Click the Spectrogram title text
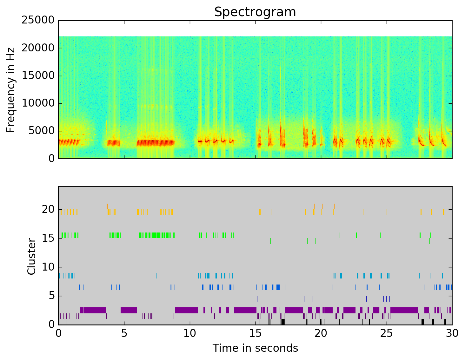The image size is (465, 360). point(255,12)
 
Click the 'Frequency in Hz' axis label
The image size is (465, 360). point(11,89)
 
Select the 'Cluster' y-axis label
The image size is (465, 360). point(31,256)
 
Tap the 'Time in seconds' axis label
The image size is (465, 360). point(255,348)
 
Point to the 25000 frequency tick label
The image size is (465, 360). point(38,20)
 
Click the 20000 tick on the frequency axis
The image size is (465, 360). point(38,48)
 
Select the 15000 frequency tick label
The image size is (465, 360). point(38,75)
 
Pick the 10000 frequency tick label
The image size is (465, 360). point(38,103)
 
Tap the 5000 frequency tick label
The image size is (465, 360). point(41,131)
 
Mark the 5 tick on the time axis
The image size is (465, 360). point(124,333)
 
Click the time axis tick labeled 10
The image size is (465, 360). point(190,333)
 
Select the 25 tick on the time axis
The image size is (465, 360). point(387,333)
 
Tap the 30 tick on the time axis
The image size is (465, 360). point(452,333)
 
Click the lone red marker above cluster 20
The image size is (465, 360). point(280,200)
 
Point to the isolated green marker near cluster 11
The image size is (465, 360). point(305,258)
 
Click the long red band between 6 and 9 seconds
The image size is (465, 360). point(156,142)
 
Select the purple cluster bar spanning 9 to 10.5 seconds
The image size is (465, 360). point(186,310)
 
